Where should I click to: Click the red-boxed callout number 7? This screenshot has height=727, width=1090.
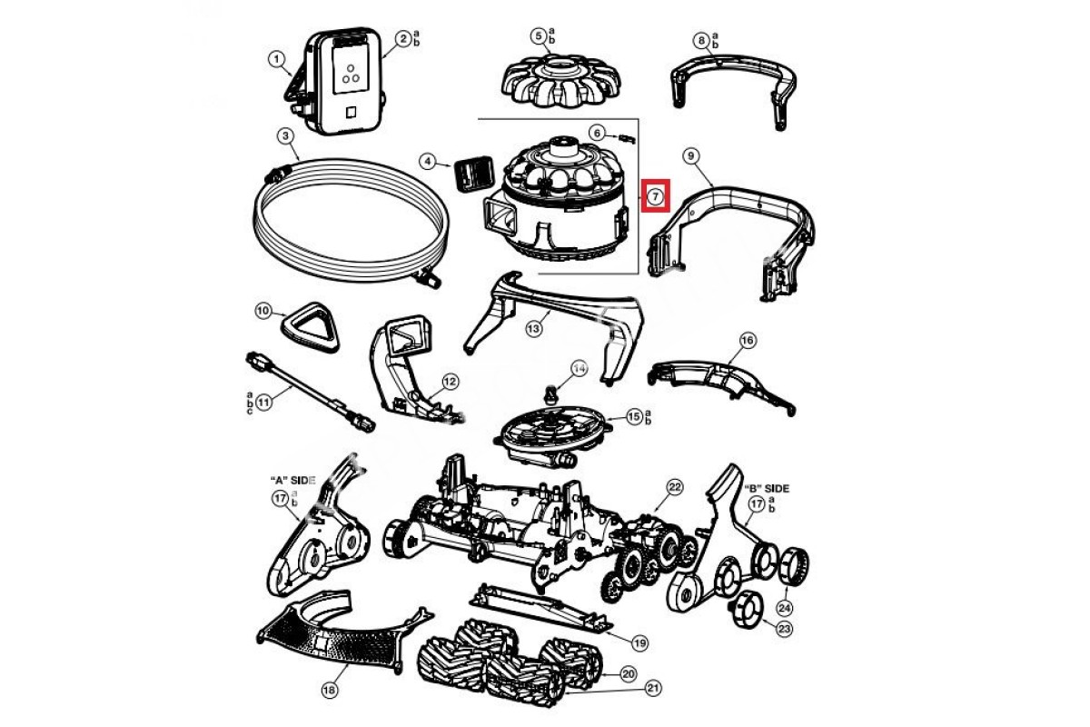click(656, 195)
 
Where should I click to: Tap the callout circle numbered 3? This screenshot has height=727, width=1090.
click(285, 136)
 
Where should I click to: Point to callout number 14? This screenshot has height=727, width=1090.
click(579, 368)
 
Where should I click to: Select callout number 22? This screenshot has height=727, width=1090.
click(674, 488)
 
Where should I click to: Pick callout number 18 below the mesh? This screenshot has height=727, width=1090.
click(329, 691)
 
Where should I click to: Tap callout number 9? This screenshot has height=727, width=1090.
click(691, 156)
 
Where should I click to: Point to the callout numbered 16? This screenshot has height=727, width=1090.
click(748, 341)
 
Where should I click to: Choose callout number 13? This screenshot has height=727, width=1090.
click(534, 326)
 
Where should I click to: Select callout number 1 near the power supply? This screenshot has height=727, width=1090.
click(275, 58)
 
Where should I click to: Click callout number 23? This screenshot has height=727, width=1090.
click(785, 627)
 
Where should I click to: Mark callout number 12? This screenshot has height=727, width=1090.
click(450, 381)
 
